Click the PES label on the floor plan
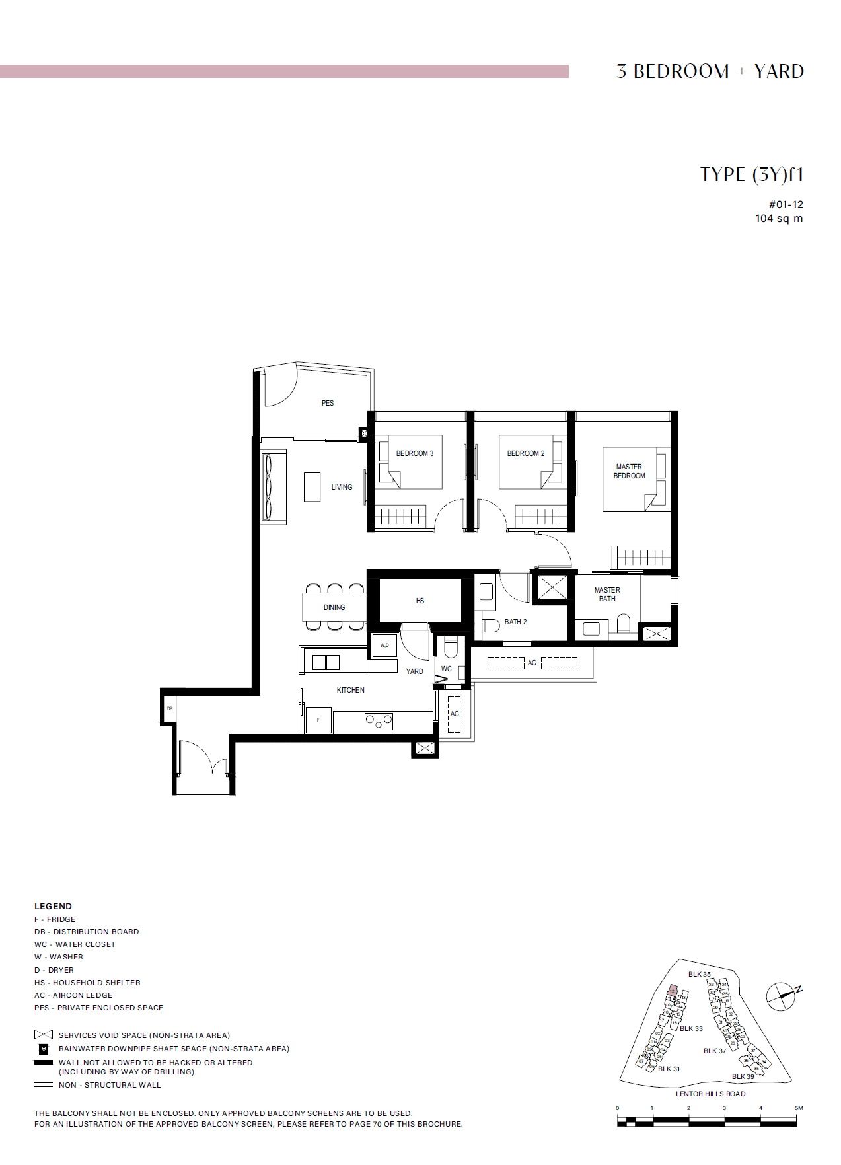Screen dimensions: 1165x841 pyautogui.click(x=328, y=403)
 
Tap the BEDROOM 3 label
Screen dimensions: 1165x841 pyautogui.click(x=415, y=453)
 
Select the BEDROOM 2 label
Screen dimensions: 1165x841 pyautogui.click(x=526, y=453)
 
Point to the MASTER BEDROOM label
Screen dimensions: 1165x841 pyautogui.click(x=629, y=471)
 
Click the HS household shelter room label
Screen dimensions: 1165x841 pyautogui.click(x=420, y=601)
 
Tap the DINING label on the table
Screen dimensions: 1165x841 pyautogui.click(x=334, y=607)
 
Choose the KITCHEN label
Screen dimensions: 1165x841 pyautogui.click(x=350, y=690)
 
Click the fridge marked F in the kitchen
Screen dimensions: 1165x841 pyautogui.click(x=318, y=720)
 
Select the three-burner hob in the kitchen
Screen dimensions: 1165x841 pyautogui.click(x=379, y=721)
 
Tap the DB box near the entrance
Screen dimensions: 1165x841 pyautogui.click(x=170, y=708)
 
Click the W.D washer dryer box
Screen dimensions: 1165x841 pyautogui.click(x=384, y=645)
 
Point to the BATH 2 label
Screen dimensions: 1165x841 pyautogui.click(x=515, y=622)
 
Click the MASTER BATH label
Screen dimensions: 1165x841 pyautogui.click(x=607, y=594)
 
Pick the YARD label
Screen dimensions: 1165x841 pyautogui.click(x=414, y=671)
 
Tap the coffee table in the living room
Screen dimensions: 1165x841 pyautogui.click(x=312, y=487)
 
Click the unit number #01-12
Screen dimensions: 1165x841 pyautogui.click(x=786, y=205)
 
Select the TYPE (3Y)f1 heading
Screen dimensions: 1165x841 pyautogui.click(x=752, y=174)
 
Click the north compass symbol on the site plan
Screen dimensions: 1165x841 pyautogui.click(x=782, y=996)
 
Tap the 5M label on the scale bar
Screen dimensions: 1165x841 pyautogui.click(x=799, y=1108)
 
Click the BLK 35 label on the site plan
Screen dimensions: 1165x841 pyautogui.click(x=699, y=974)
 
